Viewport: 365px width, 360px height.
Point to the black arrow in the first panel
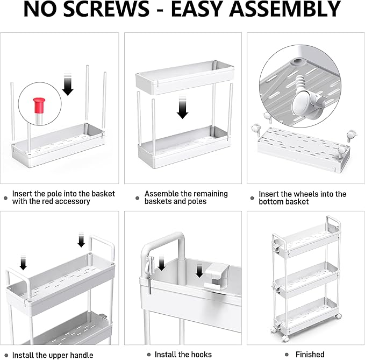[x=68, y=86]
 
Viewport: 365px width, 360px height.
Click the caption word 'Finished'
[x=310, y=354]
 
